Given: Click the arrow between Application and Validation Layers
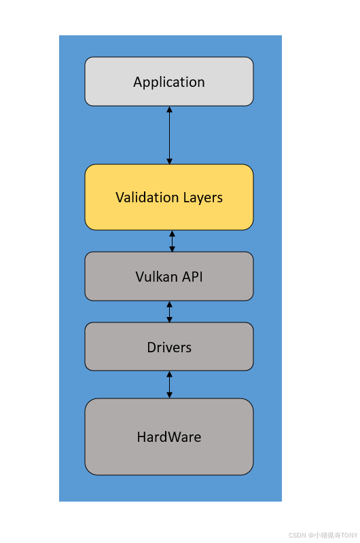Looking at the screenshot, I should pyautogui.click(x=169, y=135).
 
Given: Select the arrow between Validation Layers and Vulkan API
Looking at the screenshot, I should pyautogui.click(x=172, y=241).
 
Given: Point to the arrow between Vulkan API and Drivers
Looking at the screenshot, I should pyautogui.click(x=169, y=312).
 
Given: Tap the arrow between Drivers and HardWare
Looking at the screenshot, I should pyautogui.click(x=169, y=384).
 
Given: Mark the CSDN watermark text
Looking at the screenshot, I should pyautogui.click(x=323, y=535).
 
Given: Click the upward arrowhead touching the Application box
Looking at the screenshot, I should pyautogui.click(x=169, y=109).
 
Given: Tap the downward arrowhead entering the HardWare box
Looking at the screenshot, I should pyautogui.click(x=169, y=394).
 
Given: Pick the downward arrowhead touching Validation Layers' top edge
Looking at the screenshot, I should pyautogui.click(x=169, y=161).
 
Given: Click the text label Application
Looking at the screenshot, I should pyautogui.click(x=168, y=82).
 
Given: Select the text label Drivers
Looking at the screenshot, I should pyautogui.click(x=169, y=347).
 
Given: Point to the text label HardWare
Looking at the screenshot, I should pyautogui.click(x=168, y=436).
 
